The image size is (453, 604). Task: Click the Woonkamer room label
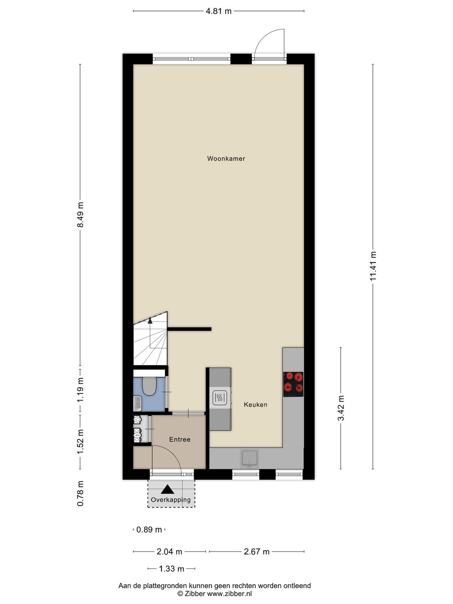click(x=226, y=159)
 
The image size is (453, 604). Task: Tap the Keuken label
click(x=255, y=405)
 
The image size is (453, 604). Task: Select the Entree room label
click(x=180, y=440)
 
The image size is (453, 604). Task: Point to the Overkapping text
click(x=171, y=500)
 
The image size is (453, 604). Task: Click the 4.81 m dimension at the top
click(x=219, y=11)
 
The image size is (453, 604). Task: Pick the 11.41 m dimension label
click(x=373, y=266)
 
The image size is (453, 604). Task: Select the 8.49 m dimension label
click(x=81, y=215)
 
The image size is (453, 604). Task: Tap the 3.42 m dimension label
click(x=341, y=408)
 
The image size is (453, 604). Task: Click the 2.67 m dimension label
click(x=256, y=552)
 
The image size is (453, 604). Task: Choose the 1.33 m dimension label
click(x=171, y=569)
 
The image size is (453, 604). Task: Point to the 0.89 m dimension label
click(x=149, y=530)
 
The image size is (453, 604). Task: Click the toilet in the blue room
click(x=149, y=385)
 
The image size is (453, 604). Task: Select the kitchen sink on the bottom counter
click(x=250, y=458)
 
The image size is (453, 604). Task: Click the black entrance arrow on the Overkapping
click(x=168, y=489)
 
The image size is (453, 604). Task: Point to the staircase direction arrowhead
click(x=150, y=320)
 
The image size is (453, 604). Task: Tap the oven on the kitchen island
click(x=220, y=397)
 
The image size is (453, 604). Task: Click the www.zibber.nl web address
click(x=229, y=594)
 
